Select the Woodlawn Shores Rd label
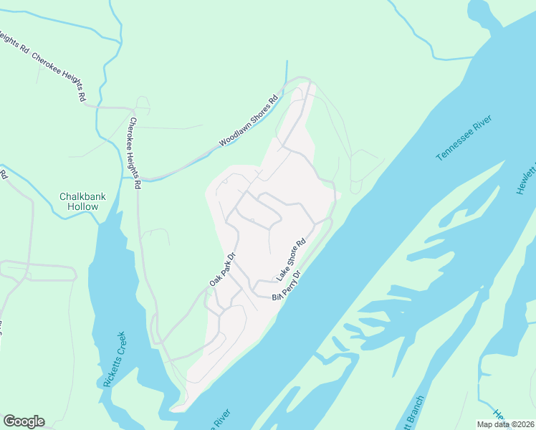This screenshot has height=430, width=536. [x=248, y=122]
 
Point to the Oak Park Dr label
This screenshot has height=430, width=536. [x=222, y=269]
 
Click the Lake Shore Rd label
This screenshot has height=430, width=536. [x=292, y=259]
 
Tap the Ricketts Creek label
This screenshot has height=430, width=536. [x=114, y=359]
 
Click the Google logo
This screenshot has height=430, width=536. [x=24, y=421]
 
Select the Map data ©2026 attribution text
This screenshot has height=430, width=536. [x=505, y=424]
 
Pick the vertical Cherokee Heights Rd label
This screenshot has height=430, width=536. [x=134, y=153]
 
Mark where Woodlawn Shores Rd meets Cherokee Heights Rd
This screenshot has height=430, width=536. [x=140, y=178]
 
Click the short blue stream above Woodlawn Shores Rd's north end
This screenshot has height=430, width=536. [x=287, y=70]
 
